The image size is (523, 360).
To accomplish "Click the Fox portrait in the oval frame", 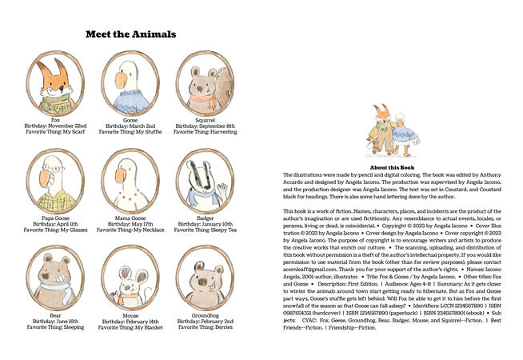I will click(x=55, y=83).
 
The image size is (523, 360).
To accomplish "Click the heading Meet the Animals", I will click(x=130, y=34).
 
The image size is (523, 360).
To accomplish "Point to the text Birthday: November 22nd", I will click(x=55, y=126).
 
